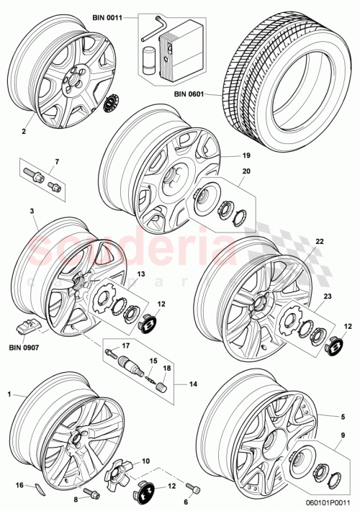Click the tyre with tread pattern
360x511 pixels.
pos(288,65)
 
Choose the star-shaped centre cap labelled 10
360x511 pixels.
pos(117,473)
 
